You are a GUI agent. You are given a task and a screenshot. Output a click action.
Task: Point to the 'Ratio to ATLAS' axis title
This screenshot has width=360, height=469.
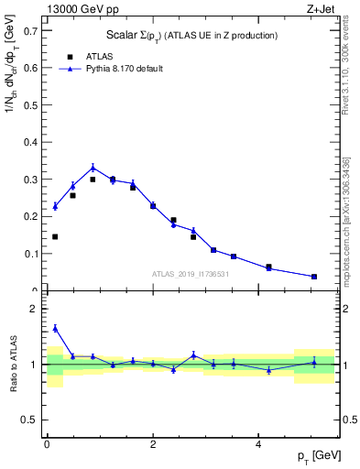pyautogui.click(x=13, y=365)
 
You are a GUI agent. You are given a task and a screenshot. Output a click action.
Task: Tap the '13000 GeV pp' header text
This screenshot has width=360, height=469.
pyautogui.click(x=76, y=9)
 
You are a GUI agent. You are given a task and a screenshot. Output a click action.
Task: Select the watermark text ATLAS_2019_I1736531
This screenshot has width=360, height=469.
pyautogui.click(x=190, y=274)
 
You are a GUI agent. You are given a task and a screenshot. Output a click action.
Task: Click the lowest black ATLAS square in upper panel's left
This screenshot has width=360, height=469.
pyautogui.click(x=55, y=236)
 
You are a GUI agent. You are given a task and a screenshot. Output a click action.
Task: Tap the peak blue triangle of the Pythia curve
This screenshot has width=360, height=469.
pyautogui.click(x=93, y=167)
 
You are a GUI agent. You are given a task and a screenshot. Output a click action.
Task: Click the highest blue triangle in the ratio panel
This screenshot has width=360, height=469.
pyautogui.click(x=55, y=328)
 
